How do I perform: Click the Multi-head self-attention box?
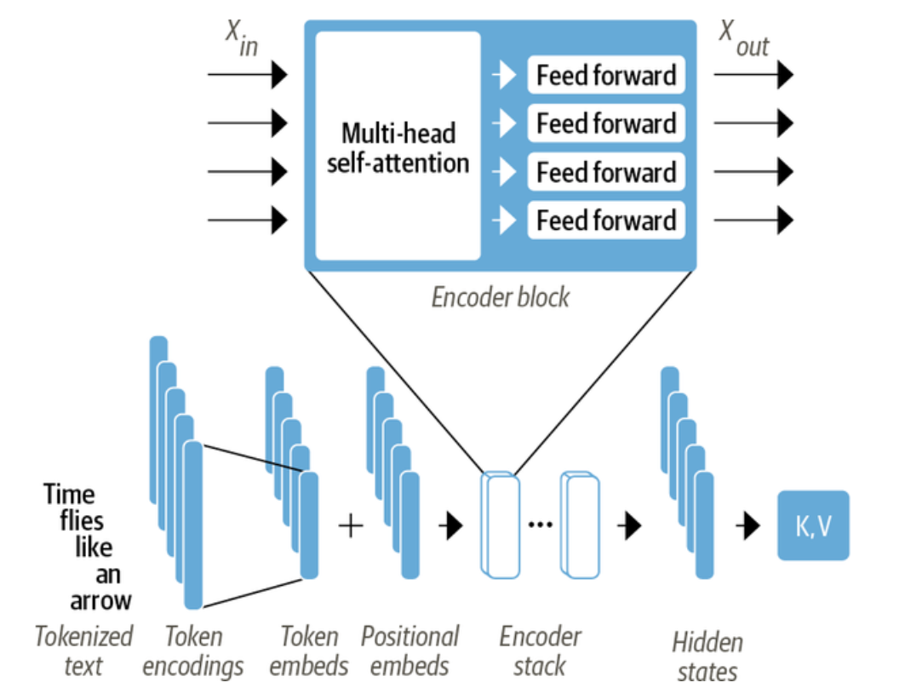(x=398, y=146)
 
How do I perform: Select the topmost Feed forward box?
(x=606, y=76)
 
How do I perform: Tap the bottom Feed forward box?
(x=606, y=221)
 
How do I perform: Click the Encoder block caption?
(x=500, y=297)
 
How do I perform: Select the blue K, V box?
(x=813, y=525)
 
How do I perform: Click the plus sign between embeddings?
(x=351, y=525)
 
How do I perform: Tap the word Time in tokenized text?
(x=70, y=495)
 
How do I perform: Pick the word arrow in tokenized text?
(x=100, y=599)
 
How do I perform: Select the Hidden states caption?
(x=707, y=655)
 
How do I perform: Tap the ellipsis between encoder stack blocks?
(x=540, y=524)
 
